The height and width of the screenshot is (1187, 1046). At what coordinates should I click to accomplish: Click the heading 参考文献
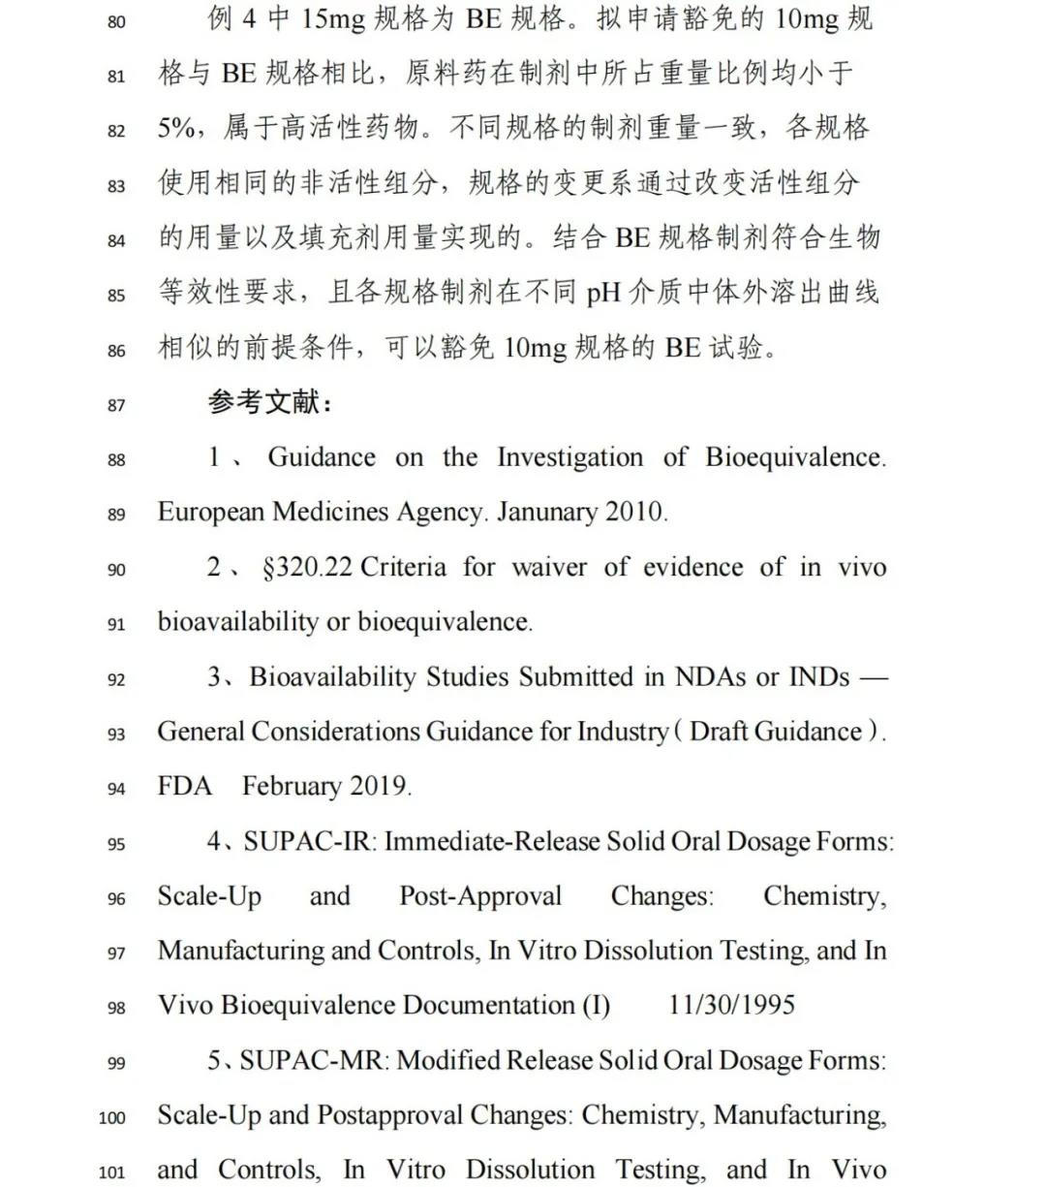(270, 402)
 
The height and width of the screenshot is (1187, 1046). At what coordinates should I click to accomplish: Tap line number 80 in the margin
(116, 20)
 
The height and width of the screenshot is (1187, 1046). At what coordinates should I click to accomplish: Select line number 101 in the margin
(112, 1172)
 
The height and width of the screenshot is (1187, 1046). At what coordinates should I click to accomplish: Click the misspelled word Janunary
(541, 512)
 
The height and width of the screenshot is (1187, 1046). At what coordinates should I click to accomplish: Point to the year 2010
(635, 512)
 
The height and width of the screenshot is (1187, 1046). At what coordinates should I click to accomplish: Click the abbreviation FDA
(184, 786)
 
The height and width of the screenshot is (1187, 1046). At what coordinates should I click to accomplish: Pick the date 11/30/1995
(731, 1005)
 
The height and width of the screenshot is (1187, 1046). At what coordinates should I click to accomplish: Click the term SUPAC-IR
(307, 841)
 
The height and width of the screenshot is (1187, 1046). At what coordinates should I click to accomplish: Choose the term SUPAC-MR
(310, 1060)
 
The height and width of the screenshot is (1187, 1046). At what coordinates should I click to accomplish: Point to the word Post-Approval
(480, 896)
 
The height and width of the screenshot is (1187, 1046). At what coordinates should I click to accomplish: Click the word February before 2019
(295, 786)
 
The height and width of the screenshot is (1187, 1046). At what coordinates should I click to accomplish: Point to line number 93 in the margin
(116, 734)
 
